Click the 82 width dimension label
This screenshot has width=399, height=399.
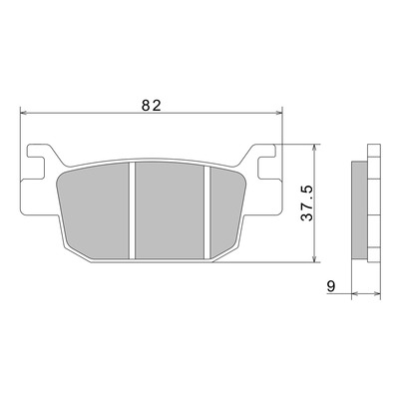coord(152,106)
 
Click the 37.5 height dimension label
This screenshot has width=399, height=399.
coord(307,203)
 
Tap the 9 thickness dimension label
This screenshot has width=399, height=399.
coord(331,286)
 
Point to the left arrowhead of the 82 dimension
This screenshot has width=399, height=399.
coord(23,114)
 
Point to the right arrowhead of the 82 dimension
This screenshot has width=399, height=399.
coord(278,114)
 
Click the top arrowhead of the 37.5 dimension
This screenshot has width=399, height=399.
coord(314,148)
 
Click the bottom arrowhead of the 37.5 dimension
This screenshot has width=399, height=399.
coord(314,259)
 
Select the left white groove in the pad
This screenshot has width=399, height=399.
coord(132,210)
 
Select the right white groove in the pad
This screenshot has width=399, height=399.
coord(207,212)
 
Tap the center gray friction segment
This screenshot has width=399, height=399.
coord(170,210)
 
